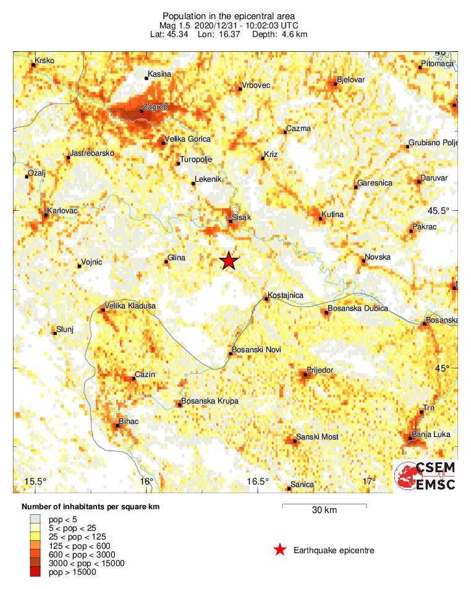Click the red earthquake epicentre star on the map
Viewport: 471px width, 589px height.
pyautogui.click(x=229, y=261)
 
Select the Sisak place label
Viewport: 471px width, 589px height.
pyautogui.click(x=242, y=218)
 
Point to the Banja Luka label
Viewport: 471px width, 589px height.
pyautogui.click(x=431, y=434)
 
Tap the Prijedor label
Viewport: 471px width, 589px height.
pyautogui.click(x=320, y=370)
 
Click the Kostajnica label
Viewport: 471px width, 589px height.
pyautogui.click(x=286, y=295)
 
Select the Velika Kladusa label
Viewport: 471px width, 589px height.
pyautogui.click(x=130, y=306)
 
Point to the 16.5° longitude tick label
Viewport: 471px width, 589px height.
pyautogui.click(x=258, y=482)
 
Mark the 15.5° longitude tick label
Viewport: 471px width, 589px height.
pyautogui.click(x=35, y=482)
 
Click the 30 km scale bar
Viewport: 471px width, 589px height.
pyautogui.click(x=325, y=507)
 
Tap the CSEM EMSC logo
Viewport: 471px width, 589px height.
pyautogui.click(x=425, y=477)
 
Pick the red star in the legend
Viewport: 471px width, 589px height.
pyautogui.click(x=280, y=550)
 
